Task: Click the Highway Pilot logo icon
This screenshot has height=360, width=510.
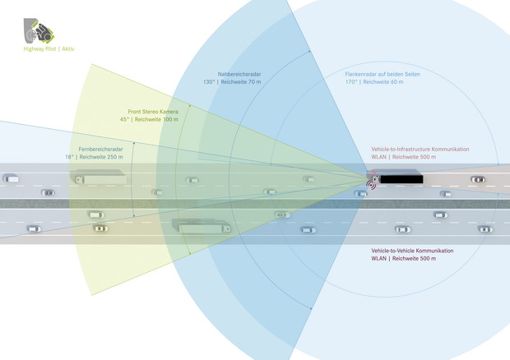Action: [x=39, y=31]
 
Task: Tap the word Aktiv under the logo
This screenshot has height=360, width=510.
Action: [x=68, y=49]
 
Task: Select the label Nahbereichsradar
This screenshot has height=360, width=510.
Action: [x=239, y=74]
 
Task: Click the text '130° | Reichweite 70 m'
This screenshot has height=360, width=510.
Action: [x=232, y=82]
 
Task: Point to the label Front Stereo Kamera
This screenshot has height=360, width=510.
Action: [x=153, y=112]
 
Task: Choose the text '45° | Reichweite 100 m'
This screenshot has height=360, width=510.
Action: [x=149, y=119]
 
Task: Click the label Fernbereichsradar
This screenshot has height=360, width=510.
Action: [x=101, y=149]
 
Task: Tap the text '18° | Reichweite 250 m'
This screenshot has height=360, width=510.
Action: [x=94, y=157]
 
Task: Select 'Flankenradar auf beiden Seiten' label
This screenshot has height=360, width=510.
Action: [x=382, y=74]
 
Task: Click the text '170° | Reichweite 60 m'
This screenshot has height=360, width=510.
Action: [x=374, y=82]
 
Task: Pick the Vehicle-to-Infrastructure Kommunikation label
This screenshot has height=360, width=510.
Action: [x=420, y=149]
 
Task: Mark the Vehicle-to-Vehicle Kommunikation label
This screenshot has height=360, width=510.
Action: [x=412, y=251]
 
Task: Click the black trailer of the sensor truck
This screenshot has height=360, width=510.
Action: [x=401, y=179]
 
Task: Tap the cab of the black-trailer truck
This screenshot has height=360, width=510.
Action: [x=375, y=179]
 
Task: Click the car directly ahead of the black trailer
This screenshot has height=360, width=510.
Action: [x=478, y=179]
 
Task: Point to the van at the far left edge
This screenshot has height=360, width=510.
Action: [x=11, y=178]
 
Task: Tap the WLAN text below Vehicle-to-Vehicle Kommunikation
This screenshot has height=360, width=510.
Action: [x=378, y=259]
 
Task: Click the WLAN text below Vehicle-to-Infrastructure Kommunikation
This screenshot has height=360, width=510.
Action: [x=378, y=157]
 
